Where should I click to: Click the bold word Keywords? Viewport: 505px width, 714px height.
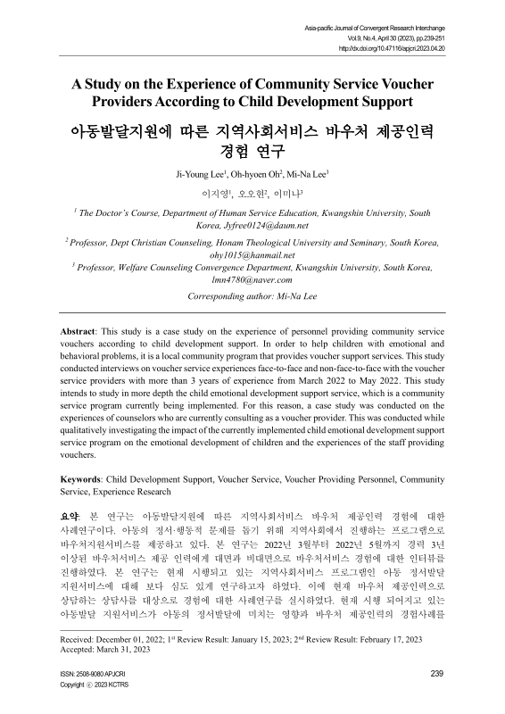(x=76, y=480)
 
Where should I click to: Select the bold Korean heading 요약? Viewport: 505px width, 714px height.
(x=70, y=515)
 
